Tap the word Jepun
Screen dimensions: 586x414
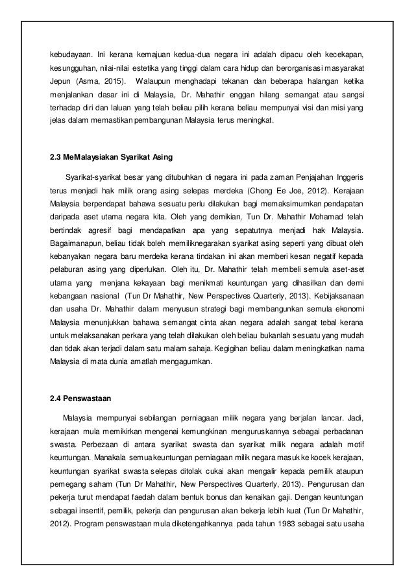tap(61, 84)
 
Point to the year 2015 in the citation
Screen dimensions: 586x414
tap(114, 84)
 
